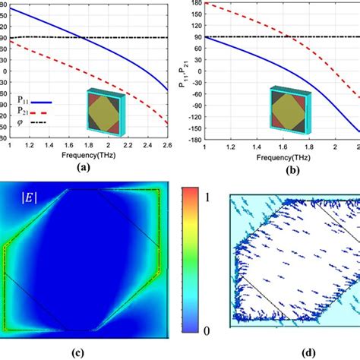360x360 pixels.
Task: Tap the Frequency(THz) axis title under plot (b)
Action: (x=285, y=158)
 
